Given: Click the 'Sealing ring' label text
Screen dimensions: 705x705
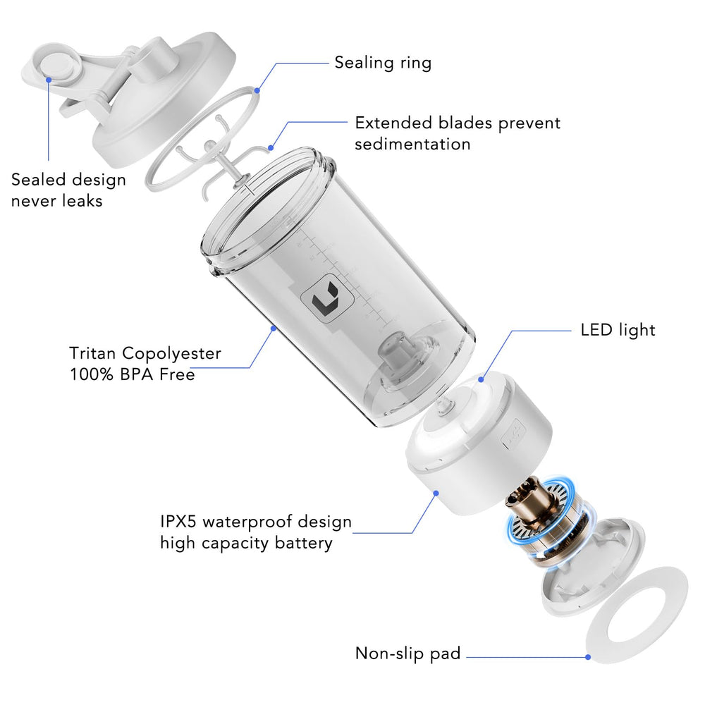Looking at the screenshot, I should pyautogui.click(x=383, y=63).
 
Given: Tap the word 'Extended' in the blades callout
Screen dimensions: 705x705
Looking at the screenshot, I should pyautogui.click(x=393, y=123).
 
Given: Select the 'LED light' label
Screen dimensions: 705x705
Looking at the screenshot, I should pyautogui.click(x=618, y=329).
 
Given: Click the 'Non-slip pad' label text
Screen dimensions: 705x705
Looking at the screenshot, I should pyautogui.click(x=407, y=654).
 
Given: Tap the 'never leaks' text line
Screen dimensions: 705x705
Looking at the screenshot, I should pyautogui.click(x=56, y=201).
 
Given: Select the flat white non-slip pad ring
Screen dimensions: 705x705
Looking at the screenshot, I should pyautogui.click(x=636, y=613).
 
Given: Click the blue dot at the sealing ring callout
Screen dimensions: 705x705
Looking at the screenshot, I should pyautogui.click(x=257, y=90).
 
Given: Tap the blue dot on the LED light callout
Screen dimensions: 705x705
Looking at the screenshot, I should pyautogui.click(x=482, y=380).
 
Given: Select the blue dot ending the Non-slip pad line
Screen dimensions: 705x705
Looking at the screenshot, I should pyautogui.click(x=588, y=657).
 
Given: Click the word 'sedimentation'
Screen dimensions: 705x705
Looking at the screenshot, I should pyautogui.click(x=412, y=145).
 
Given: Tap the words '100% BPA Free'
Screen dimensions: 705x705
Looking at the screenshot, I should pyautogui.click(x=132, y=374).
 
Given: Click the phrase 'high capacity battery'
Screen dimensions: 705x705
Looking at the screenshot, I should pyautogui.click(x=245, y=544).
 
